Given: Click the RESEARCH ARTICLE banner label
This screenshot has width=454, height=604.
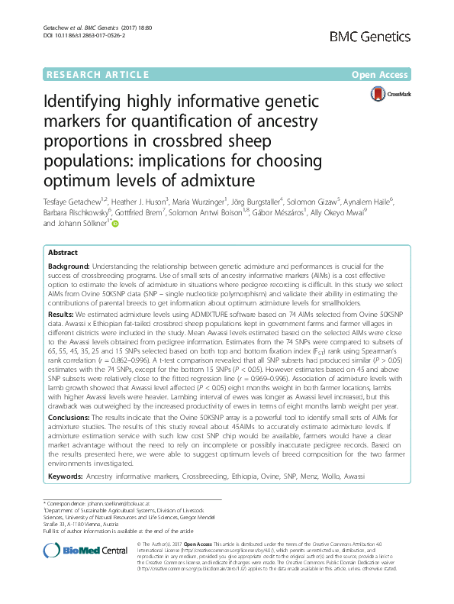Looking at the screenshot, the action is [x=97, y=74].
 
